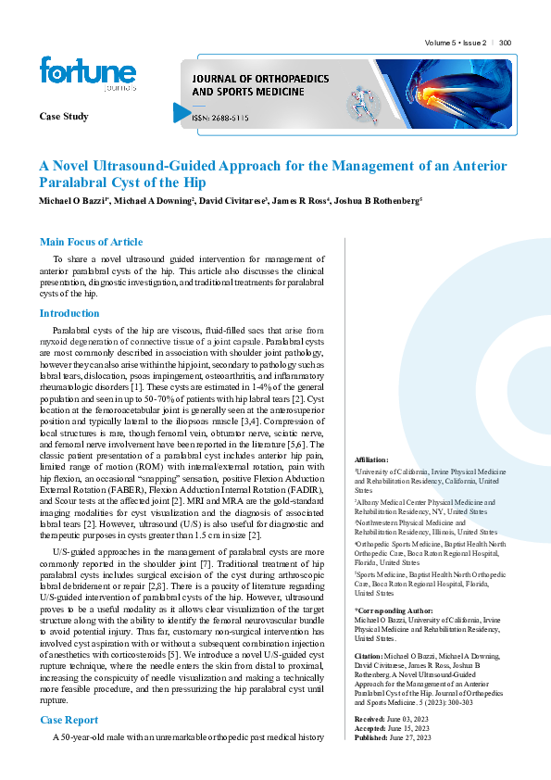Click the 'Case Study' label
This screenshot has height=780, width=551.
point(64,116)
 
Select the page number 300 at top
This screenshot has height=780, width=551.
point(506,43)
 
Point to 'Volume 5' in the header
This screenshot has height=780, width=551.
point(440,43)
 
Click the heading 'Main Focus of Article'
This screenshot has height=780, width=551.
point(91,242)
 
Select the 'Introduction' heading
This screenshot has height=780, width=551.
point(69,313)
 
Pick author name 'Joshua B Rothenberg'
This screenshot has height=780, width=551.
point(378,200)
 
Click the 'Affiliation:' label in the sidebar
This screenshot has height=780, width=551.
point(371,459)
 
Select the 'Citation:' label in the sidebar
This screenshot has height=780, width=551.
point(369,656)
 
